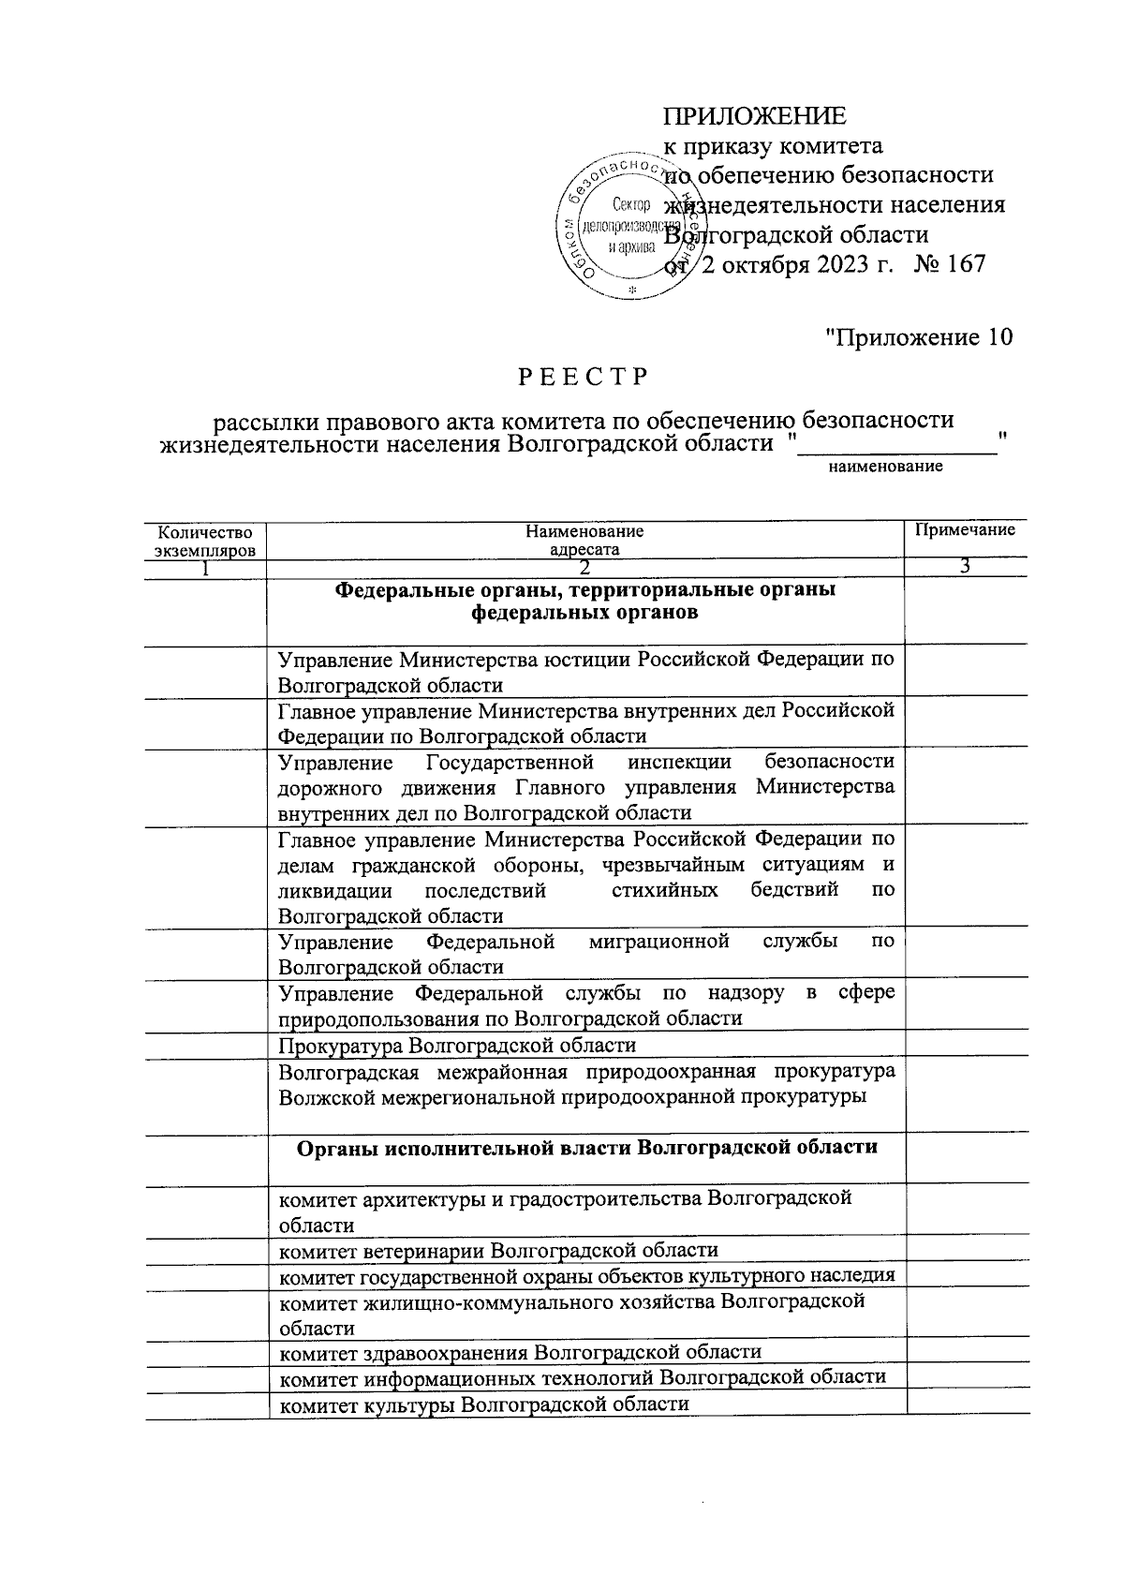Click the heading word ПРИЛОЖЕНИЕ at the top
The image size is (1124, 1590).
(754, 116)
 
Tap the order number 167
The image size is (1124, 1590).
(962, 263)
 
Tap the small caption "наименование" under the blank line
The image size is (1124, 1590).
(885, 466)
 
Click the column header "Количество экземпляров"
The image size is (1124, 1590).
(204, 541)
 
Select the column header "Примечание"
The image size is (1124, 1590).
(965, 530)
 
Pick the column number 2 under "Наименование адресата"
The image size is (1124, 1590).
(584, 568)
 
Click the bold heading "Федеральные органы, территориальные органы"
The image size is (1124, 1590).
(584, 590)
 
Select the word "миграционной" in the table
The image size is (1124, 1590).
(659, 941)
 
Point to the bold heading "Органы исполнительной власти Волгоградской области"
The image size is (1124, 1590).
(586, 1147)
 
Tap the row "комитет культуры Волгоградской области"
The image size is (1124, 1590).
(483, 1404)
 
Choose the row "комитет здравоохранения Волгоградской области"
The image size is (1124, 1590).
(520, 1351)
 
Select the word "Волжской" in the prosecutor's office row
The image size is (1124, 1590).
(324, 1095)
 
